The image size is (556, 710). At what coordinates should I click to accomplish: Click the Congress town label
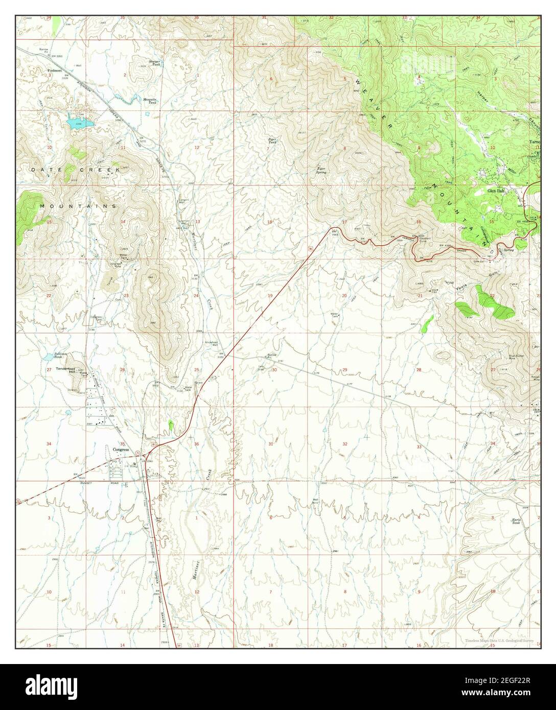(122, 449)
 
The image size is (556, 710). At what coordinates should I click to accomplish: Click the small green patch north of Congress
(171, 424)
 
